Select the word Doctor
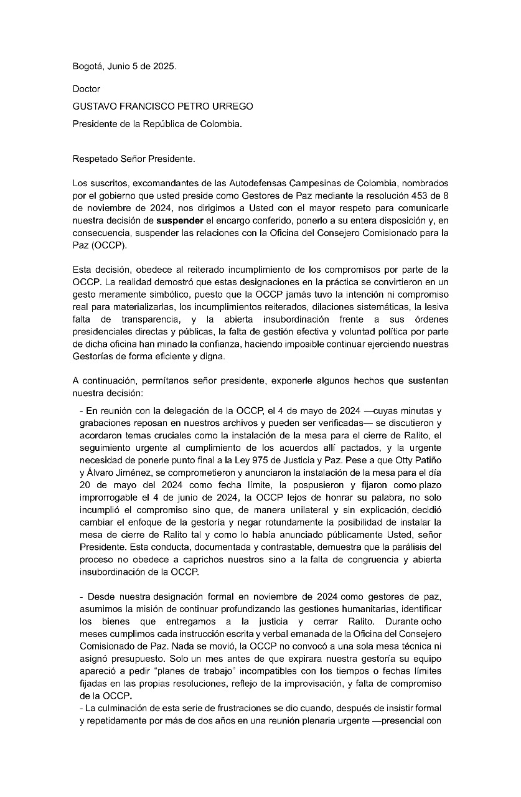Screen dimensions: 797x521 click(86, 89)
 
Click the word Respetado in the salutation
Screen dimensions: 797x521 click(94, 159)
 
